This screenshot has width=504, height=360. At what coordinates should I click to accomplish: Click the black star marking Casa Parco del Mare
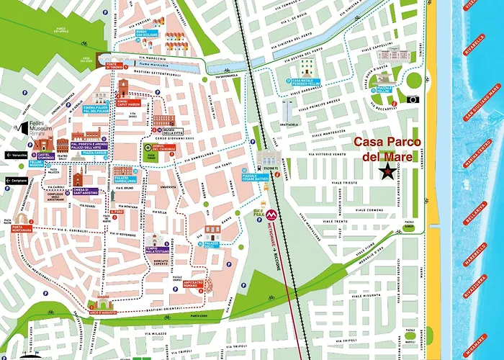388,171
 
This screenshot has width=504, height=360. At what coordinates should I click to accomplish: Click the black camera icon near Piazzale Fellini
413,99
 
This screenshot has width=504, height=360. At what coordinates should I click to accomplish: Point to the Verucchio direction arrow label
17,155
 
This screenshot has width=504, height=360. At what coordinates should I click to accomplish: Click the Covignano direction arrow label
17,181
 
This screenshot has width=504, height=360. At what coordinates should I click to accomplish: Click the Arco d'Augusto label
103,311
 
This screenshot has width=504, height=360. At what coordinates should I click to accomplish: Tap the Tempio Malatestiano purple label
156,249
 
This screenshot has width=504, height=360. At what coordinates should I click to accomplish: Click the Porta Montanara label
22,230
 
